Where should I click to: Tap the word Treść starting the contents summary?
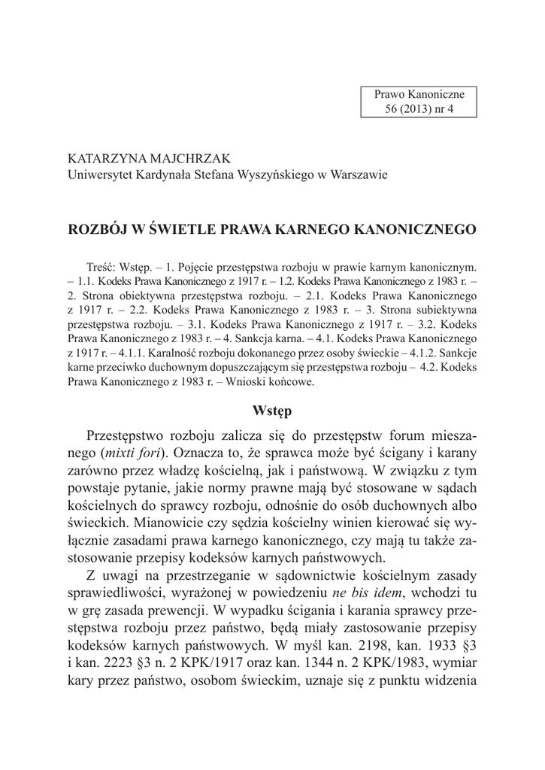coord(102,267)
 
